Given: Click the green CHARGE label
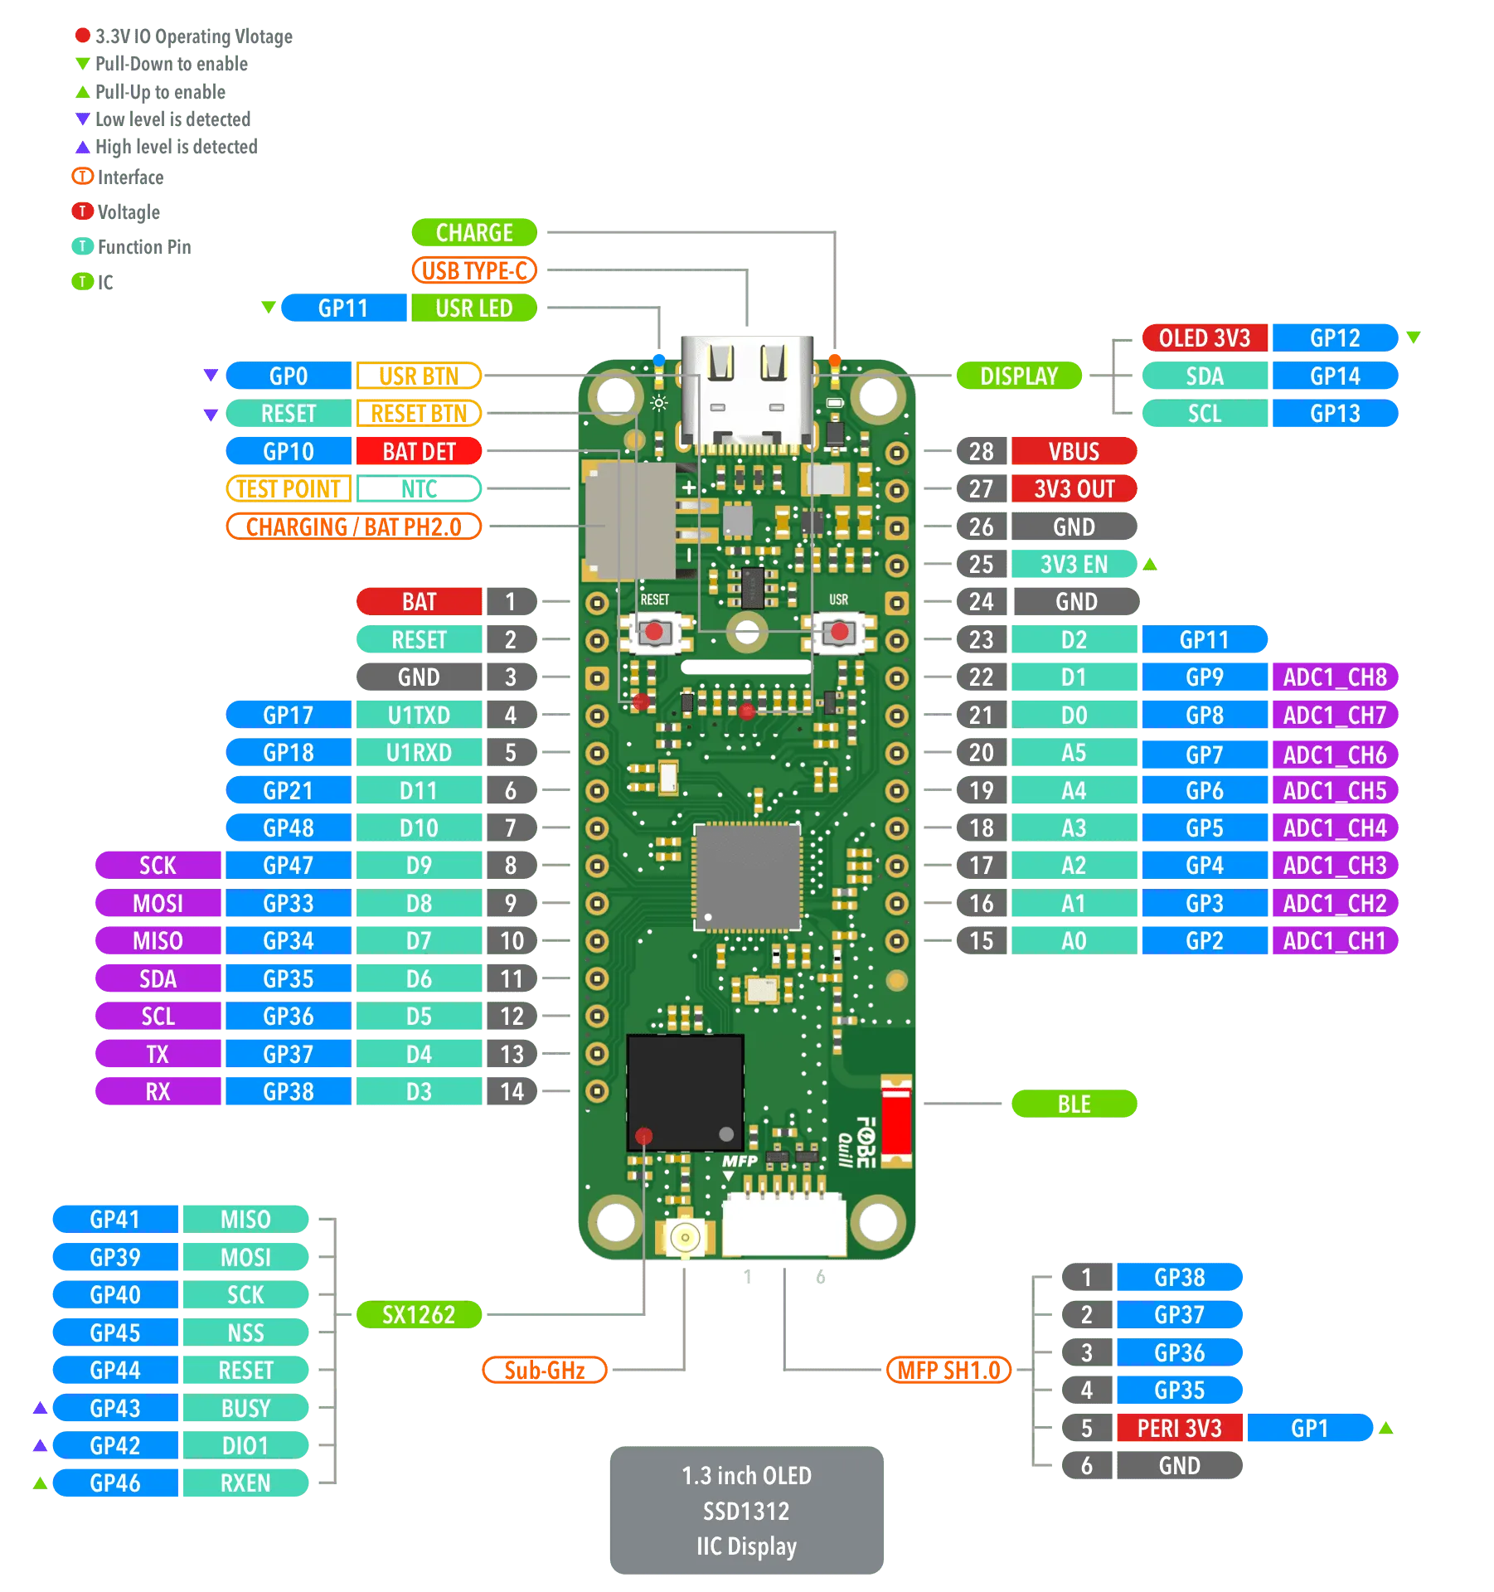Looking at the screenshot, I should pyautogui.click(x=474, y=233).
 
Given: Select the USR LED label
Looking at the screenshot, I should pyautogui.click(x=473, y=308).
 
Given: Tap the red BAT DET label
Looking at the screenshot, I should pyautogui.click(x=419, y=452).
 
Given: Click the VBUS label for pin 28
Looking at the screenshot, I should pyautogui.click(x=1074, y=452).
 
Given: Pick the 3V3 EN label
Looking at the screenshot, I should pyautogui.click(x=1073, y=565).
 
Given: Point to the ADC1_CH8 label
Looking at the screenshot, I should pyautogui.click(x=1335, y=677).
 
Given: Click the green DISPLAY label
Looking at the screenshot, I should pyautogui.click(x=1019, y=376).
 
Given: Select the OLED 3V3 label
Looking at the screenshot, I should pyautogui.click(x=1204, y=338).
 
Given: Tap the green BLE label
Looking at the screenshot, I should pyautogui.click(x=1074, y=1104).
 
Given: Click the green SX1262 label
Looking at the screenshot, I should pyautogui.click(x=419, y=1315).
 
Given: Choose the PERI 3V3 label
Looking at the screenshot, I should pyautogui.click(x=1179, y=1429).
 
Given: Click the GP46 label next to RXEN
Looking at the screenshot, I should pyautogui.click(x=115, y=1483).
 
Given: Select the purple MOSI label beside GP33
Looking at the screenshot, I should pyautogui.click(x=158, y=903).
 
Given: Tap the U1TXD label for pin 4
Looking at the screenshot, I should pyautogui.click(x=419, y=715).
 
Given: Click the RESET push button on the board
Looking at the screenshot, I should pyautogui.click(x=655, y=633).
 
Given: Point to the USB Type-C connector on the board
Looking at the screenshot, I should pyautogui.click(x=746, y=390).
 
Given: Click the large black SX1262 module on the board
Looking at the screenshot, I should pyautogui.click(x=685, y=1092).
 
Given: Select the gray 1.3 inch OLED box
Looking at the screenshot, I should pyautogui.click(x=746, y=1511).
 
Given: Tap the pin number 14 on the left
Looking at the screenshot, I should pyautogui.click(x=512, y=1092).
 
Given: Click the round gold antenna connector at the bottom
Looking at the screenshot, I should pyautogui.click(x=685, y=1238).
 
